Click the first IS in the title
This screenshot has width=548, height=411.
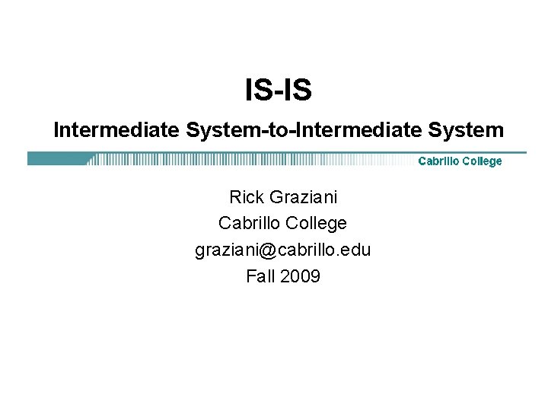(x=257, y=91)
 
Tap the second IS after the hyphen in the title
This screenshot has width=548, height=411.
(x=299, y=91)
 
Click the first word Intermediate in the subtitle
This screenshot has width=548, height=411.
(x=116, y=130)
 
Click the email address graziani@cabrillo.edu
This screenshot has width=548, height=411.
(x=282, y=250)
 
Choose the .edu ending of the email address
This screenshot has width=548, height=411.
(x=356, y=250)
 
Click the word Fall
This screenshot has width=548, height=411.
(x=260, y=276)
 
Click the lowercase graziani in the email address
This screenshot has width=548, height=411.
(x=227, y=250)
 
